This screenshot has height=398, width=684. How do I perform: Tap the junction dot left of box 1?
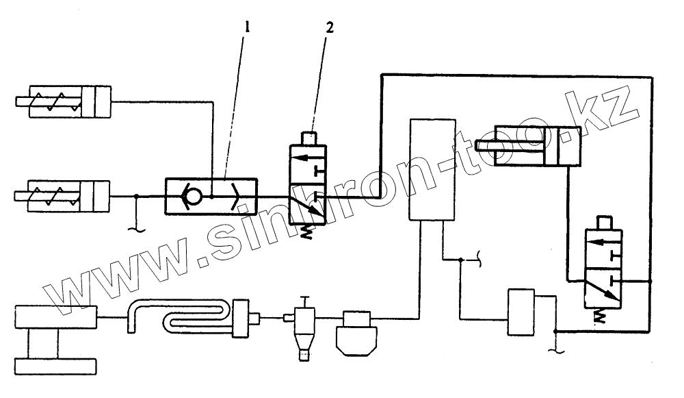(136, 197)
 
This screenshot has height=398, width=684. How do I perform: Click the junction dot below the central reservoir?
(460, 260)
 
